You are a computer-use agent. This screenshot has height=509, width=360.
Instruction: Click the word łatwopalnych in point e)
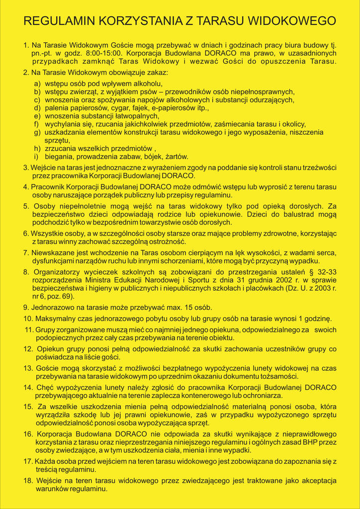[130, 116]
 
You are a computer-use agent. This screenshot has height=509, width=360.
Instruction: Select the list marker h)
[37, 149]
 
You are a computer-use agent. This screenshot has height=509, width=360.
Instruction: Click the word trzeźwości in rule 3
[319, 168]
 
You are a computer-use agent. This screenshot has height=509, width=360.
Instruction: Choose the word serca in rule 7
[326, 253]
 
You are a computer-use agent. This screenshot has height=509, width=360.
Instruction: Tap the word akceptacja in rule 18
[318, 481]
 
